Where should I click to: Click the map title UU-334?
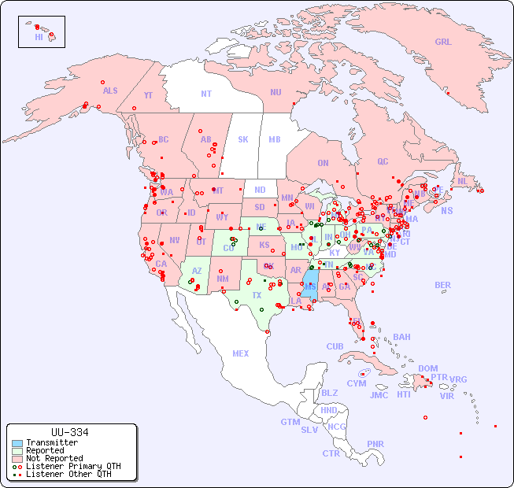(x=69, y=432)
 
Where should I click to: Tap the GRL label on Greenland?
(x=443, y=43)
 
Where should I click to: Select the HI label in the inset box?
(x=39, y=36)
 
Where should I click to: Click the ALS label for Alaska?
(x=110, y=91)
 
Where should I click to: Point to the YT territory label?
(x=148, y=95)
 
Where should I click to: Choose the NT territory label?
(x=206, y=93)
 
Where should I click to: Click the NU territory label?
(x=275, y=92)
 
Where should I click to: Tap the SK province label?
(x=243, y=139)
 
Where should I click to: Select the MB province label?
(x=274, y=139)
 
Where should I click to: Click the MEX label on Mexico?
(x=240, y=353)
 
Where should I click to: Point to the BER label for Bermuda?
(x=442, y=285)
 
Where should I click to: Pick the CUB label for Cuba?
(x=335, y=346)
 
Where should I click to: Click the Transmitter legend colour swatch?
(x=17, y=443)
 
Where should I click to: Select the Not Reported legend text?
(x=54, y=458)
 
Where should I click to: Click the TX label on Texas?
(x=257, y=295)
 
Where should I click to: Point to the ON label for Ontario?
(x=323, y=163)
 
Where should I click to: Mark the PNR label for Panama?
(x=375, y=444)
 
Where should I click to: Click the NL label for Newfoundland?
(x=462, y=180)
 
